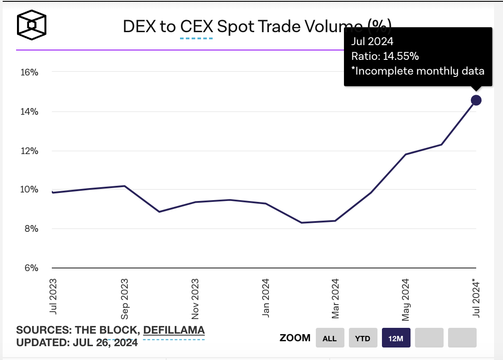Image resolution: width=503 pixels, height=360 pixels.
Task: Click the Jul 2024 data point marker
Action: pos(476,100)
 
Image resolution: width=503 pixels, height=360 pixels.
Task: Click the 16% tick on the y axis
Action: pos(29,72)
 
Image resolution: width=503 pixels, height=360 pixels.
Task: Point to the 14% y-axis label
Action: pos(29,111)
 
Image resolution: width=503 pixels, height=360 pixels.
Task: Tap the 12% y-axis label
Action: pos(29,151)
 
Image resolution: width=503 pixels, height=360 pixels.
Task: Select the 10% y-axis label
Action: pos(29,190)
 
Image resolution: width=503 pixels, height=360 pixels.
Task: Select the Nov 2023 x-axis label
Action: pos(195,299)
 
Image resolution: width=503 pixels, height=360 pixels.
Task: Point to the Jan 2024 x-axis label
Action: pos(266,298)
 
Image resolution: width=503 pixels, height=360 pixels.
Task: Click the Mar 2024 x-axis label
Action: pos(335,299)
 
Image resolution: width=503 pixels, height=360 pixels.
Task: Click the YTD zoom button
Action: pos(363,338)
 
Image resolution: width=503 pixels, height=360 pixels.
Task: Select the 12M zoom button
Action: pos(396,338)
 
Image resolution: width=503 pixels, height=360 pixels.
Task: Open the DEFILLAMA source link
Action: pos(174,331)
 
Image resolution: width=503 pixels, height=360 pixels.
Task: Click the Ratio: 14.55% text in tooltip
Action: pos(385,56)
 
